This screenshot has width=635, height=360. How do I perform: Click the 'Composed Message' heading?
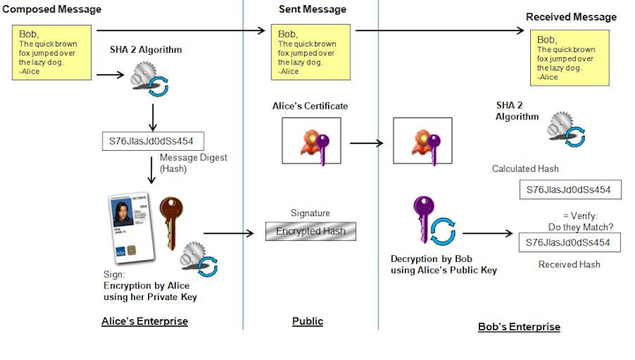[50, 10]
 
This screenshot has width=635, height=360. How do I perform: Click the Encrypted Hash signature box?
[310, 232]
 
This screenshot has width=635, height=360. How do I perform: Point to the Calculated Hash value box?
[567, 190]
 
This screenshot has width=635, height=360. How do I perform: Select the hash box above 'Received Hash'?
[567, 242]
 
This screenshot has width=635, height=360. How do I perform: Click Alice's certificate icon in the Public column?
[310, 141]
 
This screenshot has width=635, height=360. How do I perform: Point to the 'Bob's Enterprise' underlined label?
[519, 326]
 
